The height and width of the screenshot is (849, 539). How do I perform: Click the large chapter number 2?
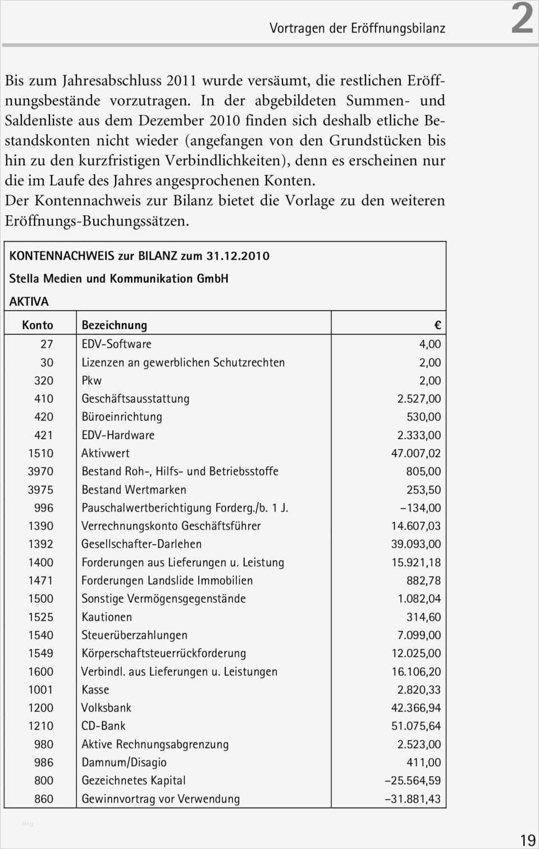pos(522,19)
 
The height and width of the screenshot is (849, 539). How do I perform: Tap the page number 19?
pos(527,840)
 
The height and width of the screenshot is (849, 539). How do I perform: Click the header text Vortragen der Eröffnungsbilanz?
pos(357,28)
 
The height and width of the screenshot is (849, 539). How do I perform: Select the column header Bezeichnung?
pos(114,325)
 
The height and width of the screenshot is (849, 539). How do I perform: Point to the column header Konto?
pos(38,325)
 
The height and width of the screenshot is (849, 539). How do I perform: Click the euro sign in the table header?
pos(437,326)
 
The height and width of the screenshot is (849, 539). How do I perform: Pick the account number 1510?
pos(41,453)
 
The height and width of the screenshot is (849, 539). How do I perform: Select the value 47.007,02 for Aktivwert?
pos(415,453)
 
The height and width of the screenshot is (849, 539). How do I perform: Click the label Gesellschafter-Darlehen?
pos(141,544)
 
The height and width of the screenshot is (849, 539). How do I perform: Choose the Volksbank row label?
pos(106,708)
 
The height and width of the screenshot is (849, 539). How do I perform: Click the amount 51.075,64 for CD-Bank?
pos(415,726)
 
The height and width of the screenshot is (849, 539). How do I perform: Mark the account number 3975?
pos(41,490)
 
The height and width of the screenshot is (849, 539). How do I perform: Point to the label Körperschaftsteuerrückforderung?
pos(163,653)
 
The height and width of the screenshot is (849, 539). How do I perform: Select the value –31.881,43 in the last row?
pos(413,799)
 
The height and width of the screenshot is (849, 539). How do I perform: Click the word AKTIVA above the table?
pos(29,302)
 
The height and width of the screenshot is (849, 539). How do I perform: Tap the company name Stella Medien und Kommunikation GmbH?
pos(118,279)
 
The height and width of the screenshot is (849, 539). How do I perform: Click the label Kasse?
pos(95,690)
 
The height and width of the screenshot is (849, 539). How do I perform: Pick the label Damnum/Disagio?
pos(124,763)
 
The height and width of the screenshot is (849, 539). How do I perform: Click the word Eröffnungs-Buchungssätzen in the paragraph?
pos(97,221)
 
